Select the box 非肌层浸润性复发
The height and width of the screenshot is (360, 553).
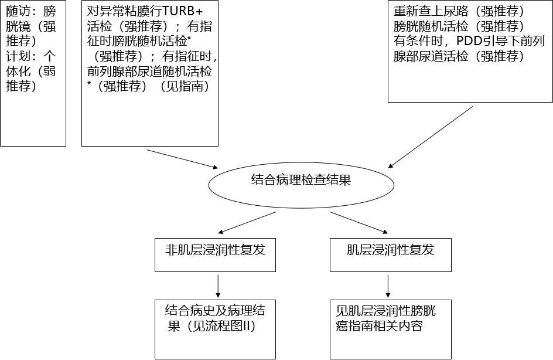pyautogui.click(x=215, y=254)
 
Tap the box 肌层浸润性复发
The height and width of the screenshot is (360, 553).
pyautogui.click(x=391, y=254)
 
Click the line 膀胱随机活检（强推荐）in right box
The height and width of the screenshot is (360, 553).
pyautogui.click(x=459, y=27)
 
